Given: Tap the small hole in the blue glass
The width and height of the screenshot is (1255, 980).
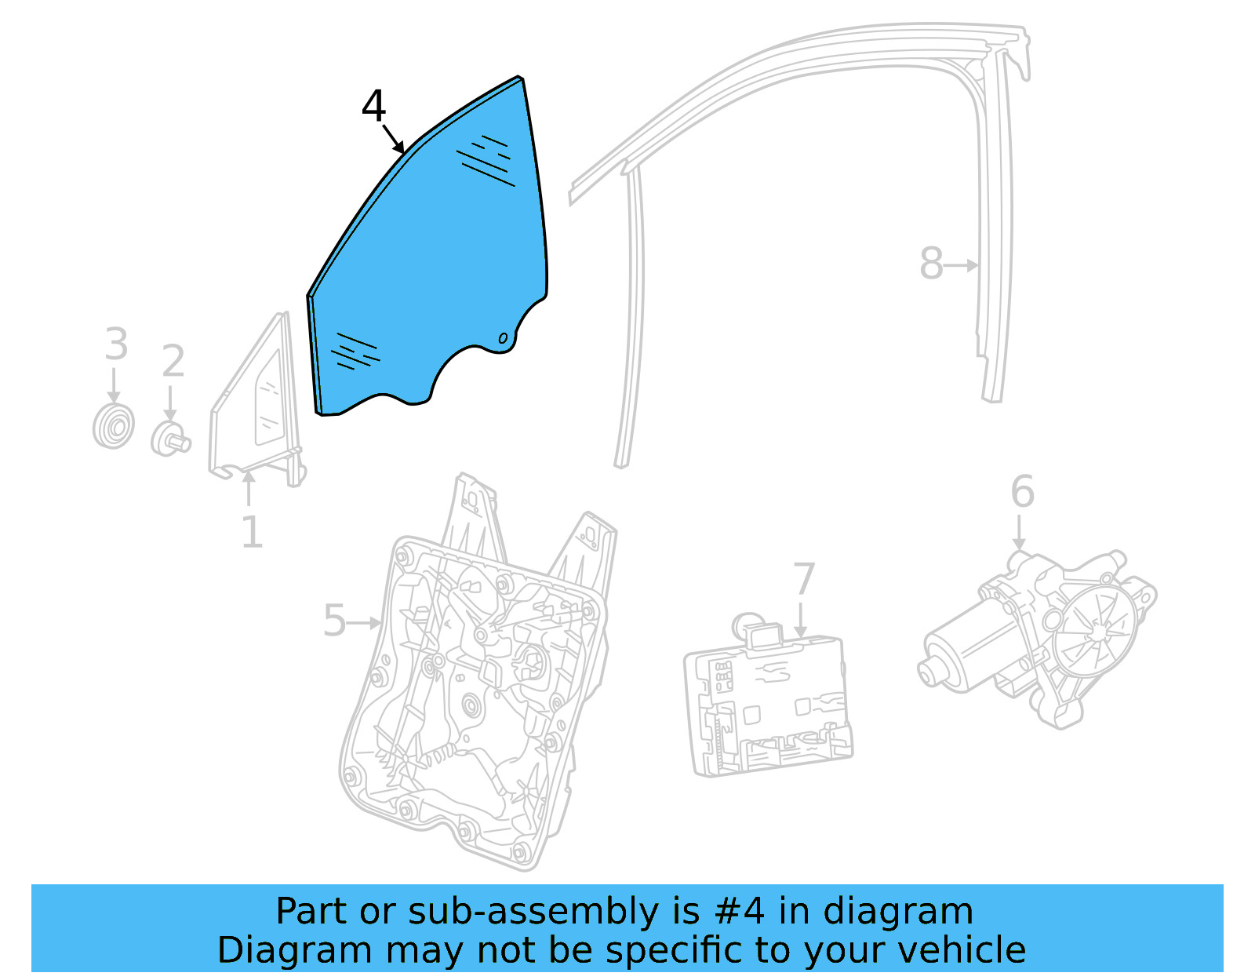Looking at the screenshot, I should [503, 338].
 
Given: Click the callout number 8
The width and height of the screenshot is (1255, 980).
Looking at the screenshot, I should [931, 264].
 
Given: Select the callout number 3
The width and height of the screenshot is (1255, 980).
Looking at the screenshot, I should [116, 344].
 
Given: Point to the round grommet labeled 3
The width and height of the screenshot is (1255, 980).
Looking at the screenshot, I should [113, 427].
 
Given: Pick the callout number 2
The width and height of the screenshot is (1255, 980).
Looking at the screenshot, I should [173, 361].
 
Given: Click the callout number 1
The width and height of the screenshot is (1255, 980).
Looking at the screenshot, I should [251, 534].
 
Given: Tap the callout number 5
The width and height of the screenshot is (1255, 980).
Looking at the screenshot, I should [334, 621].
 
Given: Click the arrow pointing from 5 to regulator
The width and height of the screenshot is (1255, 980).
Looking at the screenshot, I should [365, 623].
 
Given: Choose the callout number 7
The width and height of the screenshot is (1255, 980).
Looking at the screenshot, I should [804, 579].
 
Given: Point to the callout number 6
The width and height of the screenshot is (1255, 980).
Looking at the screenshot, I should [1022, 492].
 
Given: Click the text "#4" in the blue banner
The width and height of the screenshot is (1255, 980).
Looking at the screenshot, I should [738, 912].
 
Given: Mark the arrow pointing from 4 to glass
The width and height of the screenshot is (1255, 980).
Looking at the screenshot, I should [394, 139].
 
